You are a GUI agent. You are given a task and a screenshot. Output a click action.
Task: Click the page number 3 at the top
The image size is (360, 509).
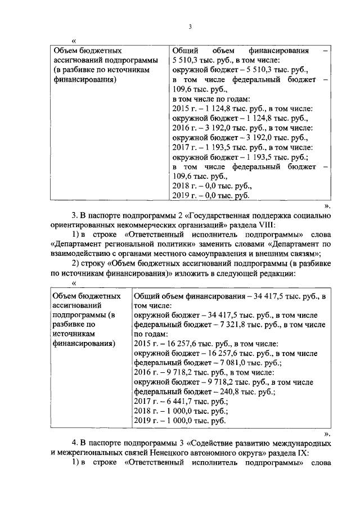(190, 26)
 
